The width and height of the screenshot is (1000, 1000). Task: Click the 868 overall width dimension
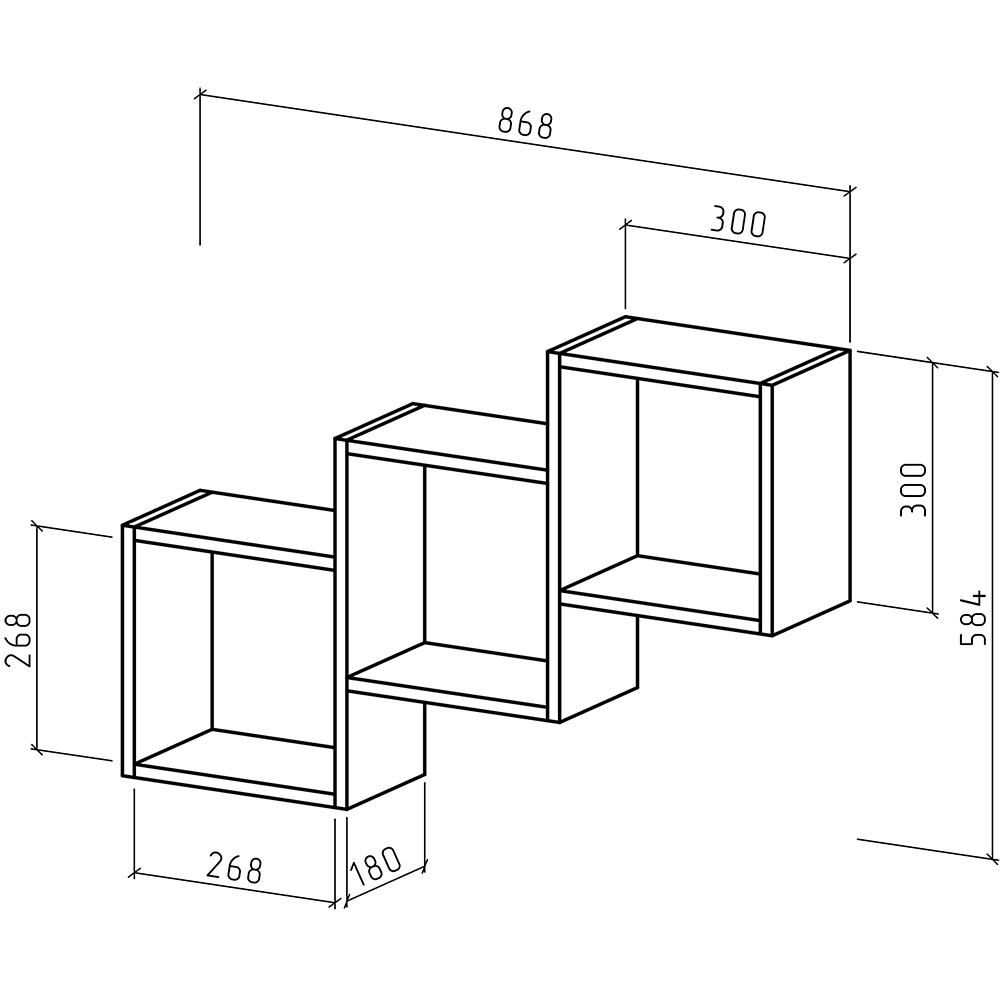click(525, 123)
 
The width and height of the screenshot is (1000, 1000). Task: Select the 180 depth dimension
click(376, 866)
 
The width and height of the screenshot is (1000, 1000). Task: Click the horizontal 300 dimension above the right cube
click(738, 222)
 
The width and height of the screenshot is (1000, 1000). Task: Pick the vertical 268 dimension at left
click(18, 640)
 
